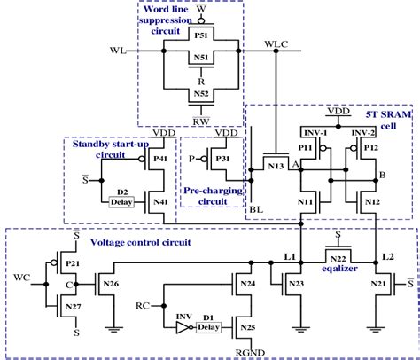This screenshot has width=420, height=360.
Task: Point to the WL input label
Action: tap(119, 51)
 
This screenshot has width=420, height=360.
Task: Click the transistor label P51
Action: tap(201, 37)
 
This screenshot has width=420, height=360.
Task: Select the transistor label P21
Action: tap(72, 264)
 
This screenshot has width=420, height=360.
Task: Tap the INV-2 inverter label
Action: tap(363, 132)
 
